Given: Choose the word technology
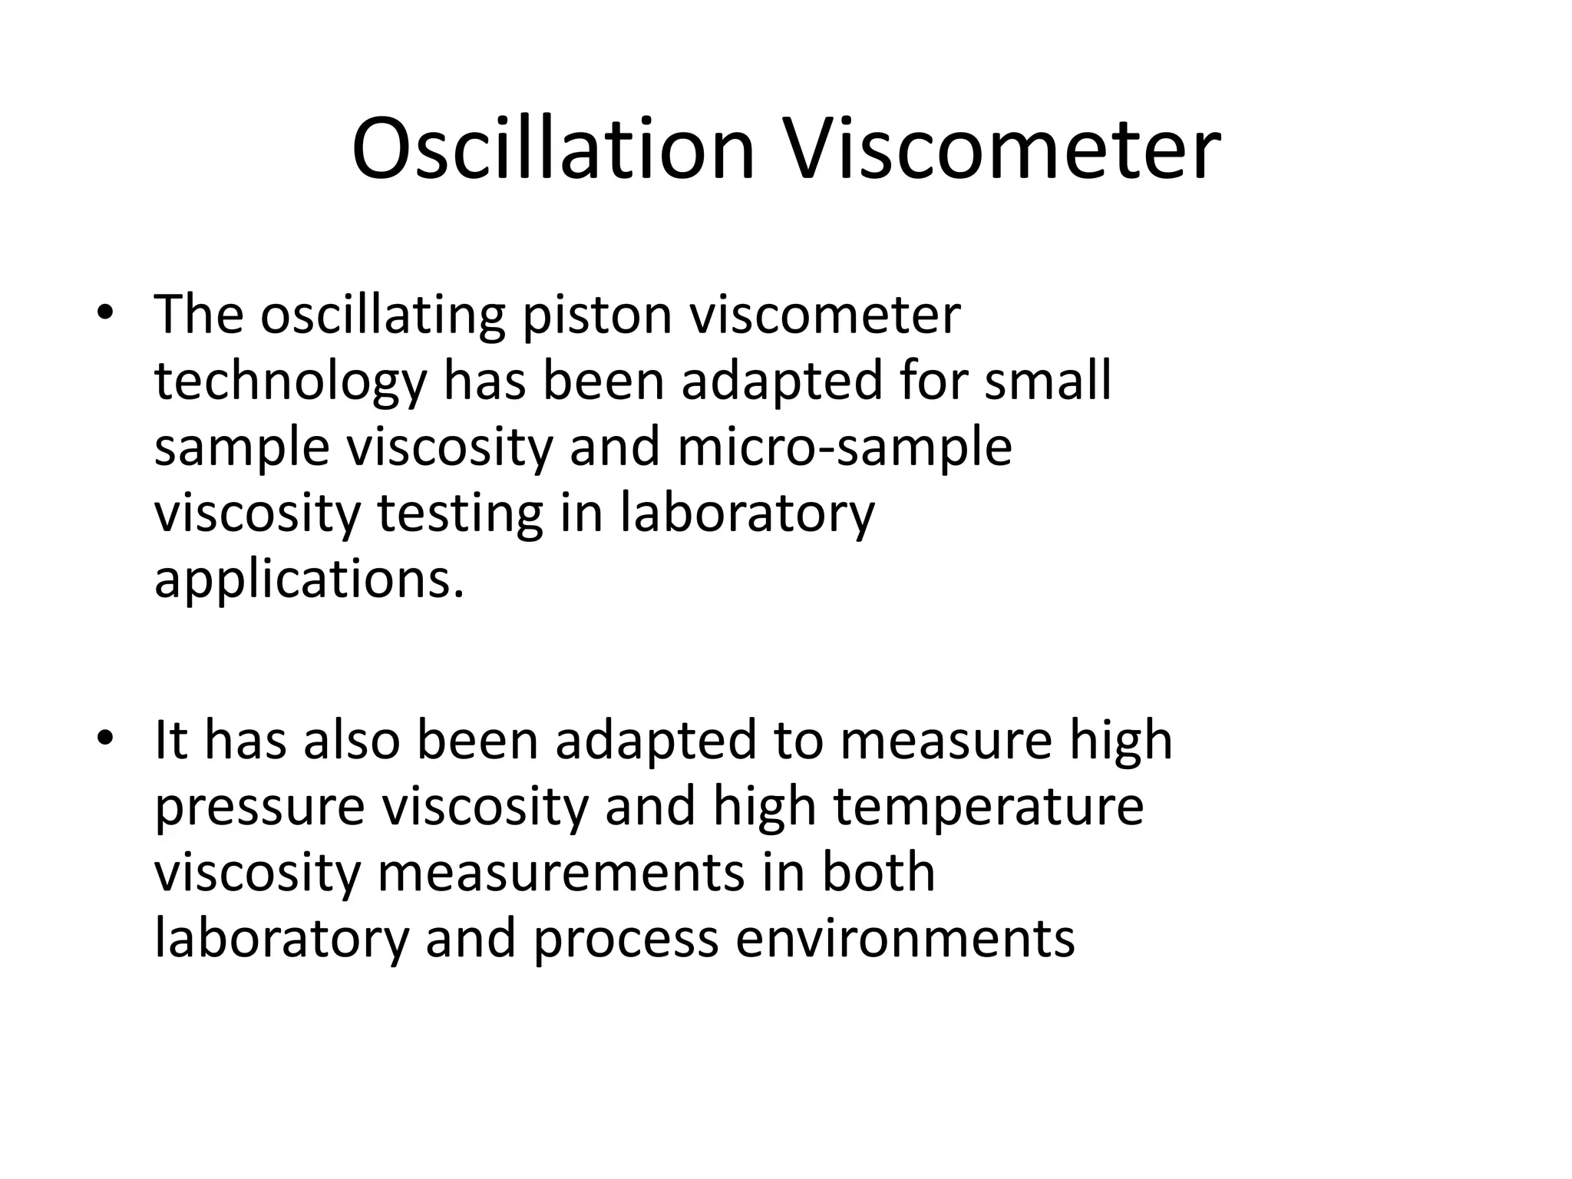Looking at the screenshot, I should point(290,381).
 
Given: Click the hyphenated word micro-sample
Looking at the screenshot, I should point(844,447).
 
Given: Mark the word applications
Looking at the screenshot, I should point(309,580).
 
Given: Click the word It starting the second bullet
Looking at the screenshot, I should point(170,740).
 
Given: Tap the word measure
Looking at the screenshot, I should point(946,741).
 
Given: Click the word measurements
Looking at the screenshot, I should point(560,874).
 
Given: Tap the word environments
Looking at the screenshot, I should point(905,939).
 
